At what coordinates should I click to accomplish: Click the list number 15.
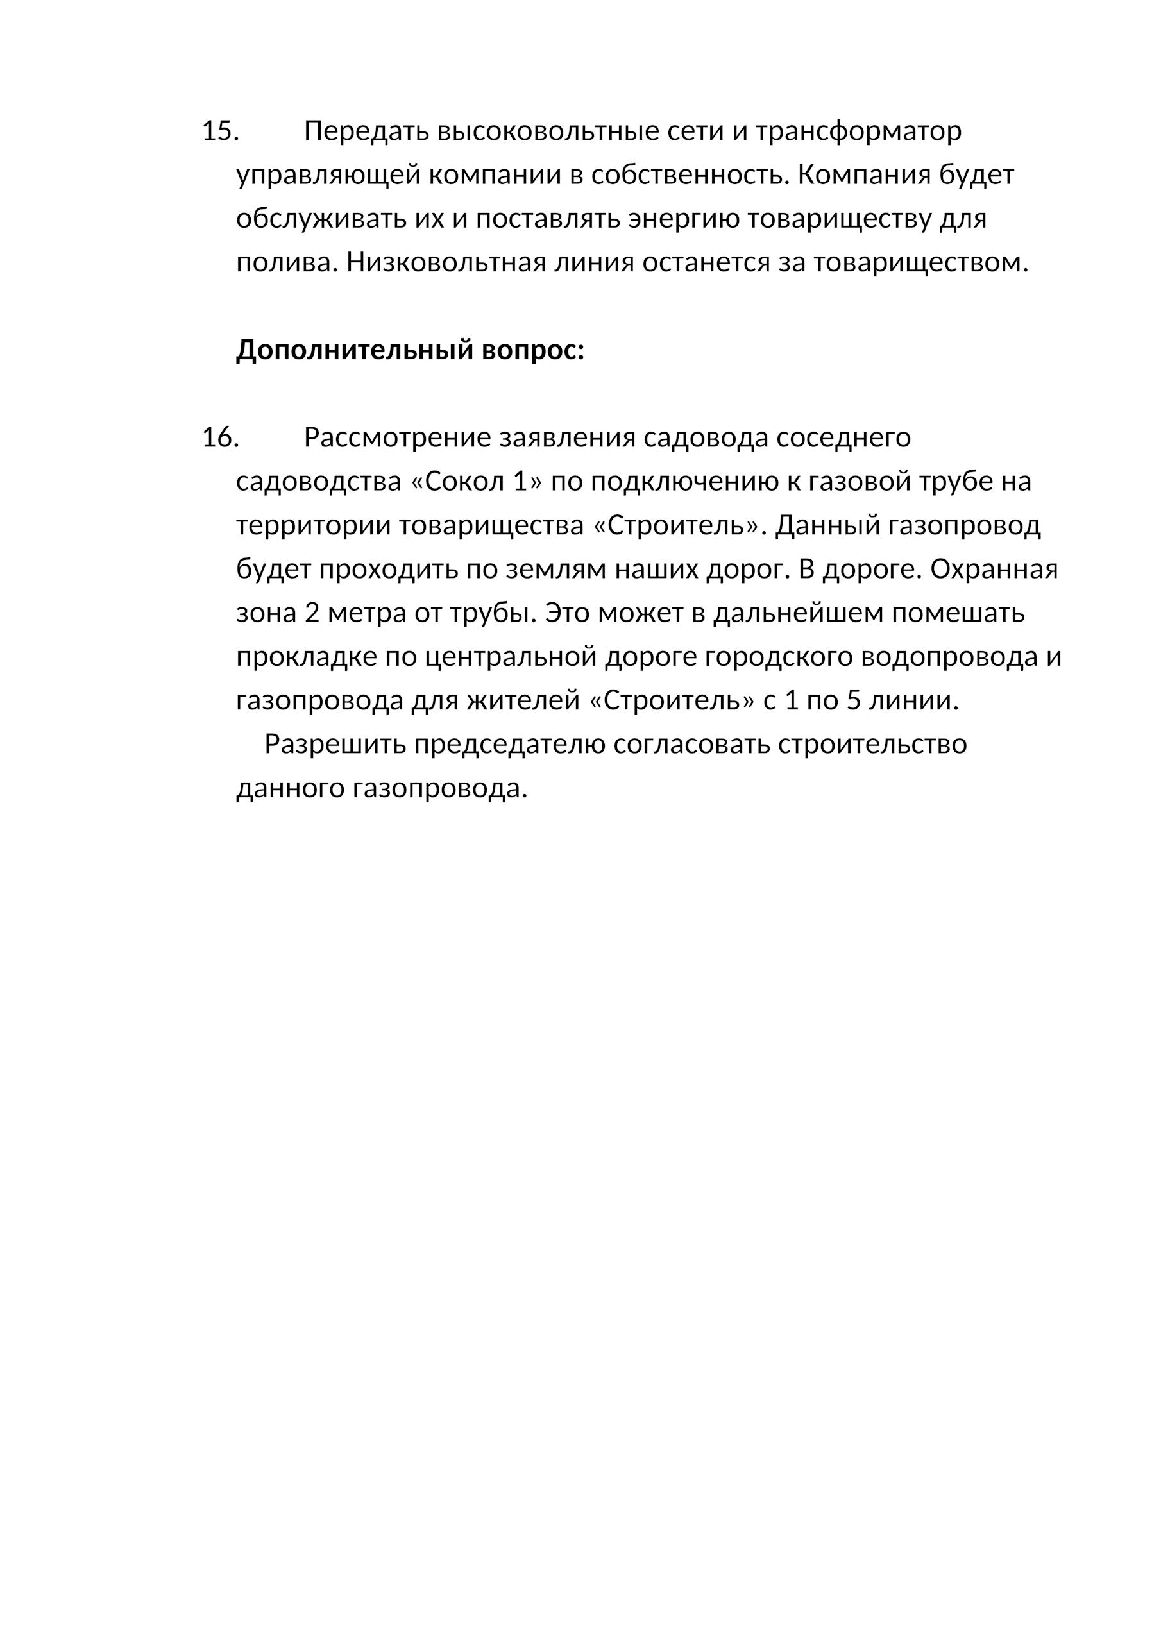click(219, 131)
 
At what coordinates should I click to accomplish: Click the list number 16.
click(219, 437)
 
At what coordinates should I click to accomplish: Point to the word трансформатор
click(858, 131)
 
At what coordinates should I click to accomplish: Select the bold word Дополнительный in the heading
click(353, 350)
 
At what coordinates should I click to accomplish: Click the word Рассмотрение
click(397, 437)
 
